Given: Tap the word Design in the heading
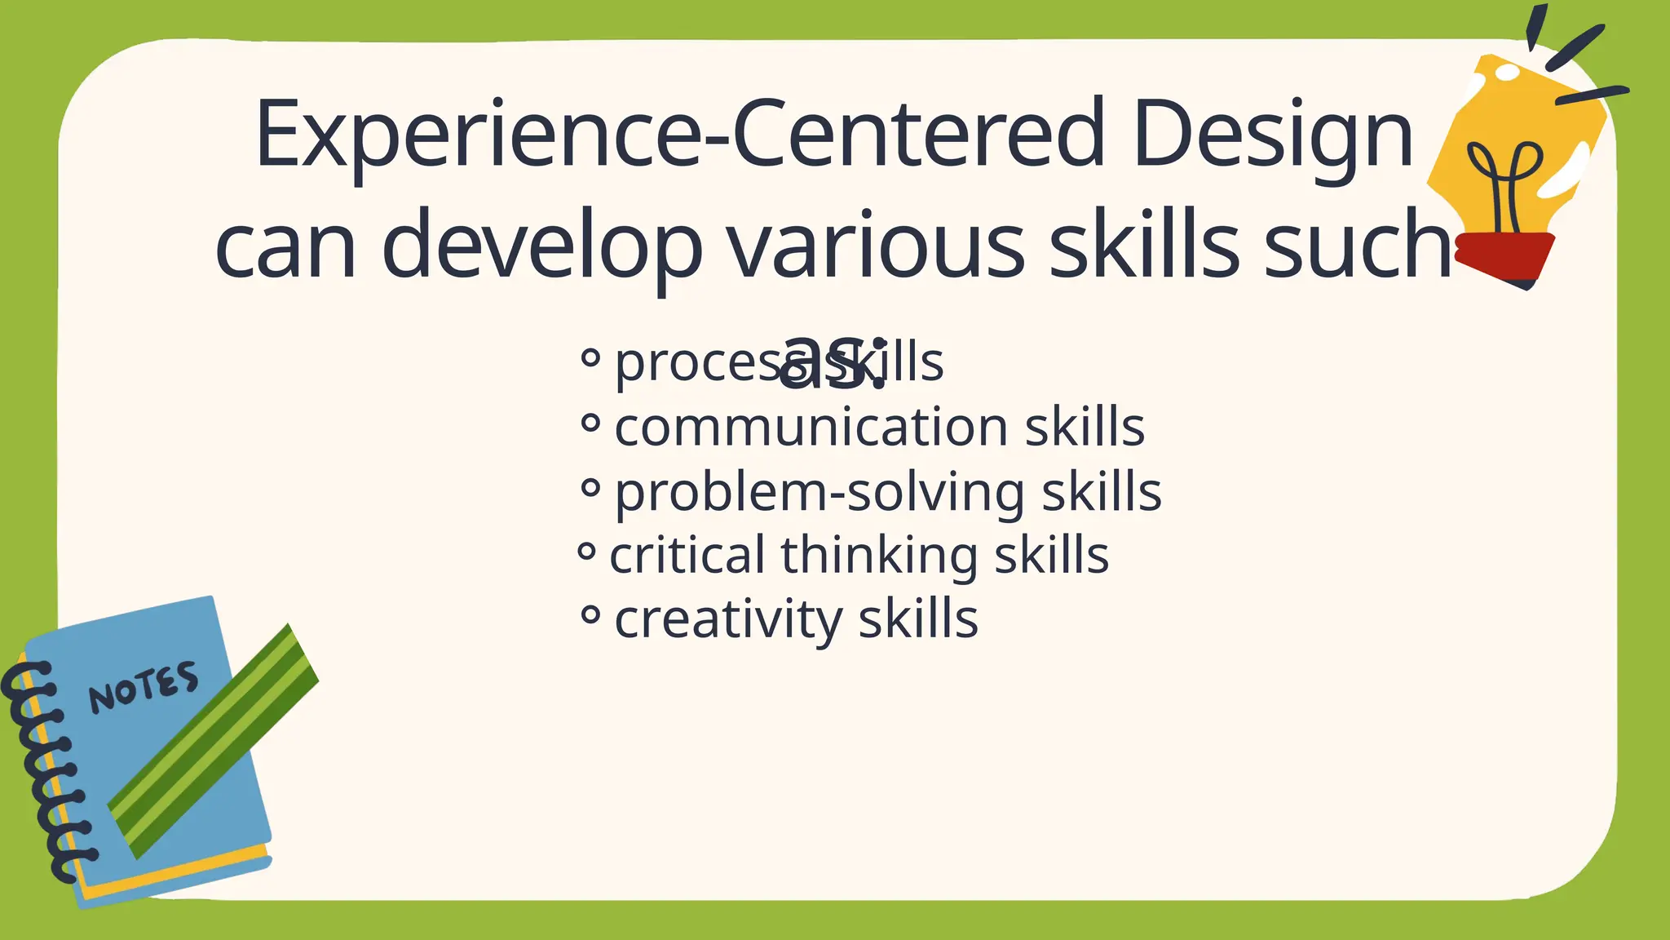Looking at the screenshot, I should (x=1272, y=135).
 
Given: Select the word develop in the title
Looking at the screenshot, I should (x=541, y=245).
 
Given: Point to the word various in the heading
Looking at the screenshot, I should (x=877, y=245).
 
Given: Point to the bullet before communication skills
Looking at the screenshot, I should (x=590, y=423).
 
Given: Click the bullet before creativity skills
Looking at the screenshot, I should (x=590, y=614).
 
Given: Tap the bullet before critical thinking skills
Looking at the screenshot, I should (x=586, y=552).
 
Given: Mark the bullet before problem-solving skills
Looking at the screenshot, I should (x=590, y=488).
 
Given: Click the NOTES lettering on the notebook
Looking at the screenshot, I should (x=144, y=686).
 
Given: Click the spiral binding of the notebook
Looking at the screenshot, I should (x=45, y=767).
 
